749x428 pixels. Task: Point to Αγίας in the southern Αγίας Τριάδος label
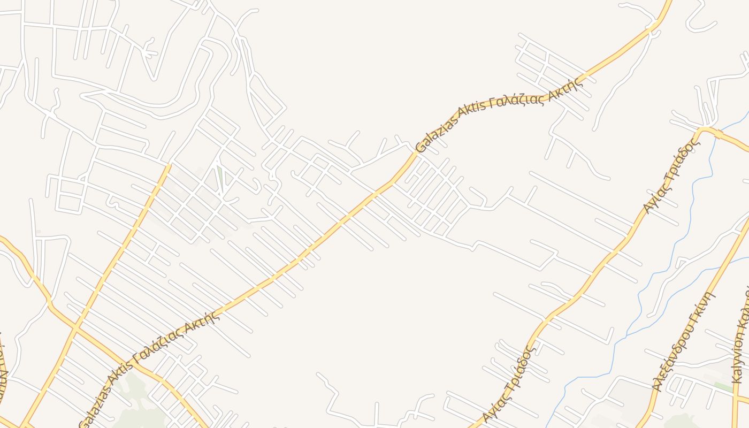point(491,409)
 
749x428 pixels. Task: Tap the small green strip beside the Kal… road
point(723,386)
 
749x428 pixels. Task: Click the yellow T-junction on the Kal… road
point(737,399)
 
